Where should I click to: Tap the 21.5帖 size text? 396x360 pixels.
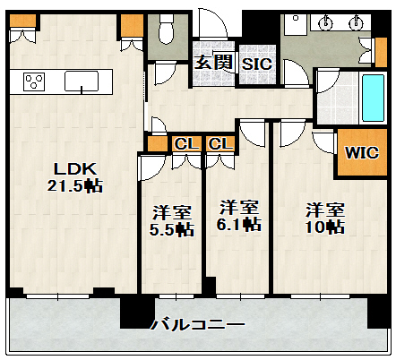tap(74, 186)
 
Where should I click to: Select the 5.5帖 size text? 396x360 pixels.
tap(171, 229)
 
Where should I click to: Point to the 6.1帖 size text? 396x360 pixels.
tap(239, 223)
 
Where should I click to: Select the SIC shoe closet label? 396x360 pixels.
tap(257, 64)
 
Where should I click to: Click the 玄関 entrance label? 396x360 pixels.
tap(214, 63)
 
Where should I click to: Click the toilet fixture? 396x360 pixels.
tap(165, 33)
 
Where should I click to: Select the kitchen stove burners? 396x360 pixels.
tap(35, 82)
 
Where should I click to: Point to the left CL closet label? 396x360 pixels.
tap(186, 143)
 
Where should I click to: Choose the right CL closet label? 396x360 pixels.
tap(220, 143)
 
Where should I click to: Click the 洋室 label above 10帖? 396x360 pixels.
tap(324, 210)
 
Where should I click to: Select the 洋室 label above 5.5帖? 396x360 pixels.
tap(171, 213)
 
